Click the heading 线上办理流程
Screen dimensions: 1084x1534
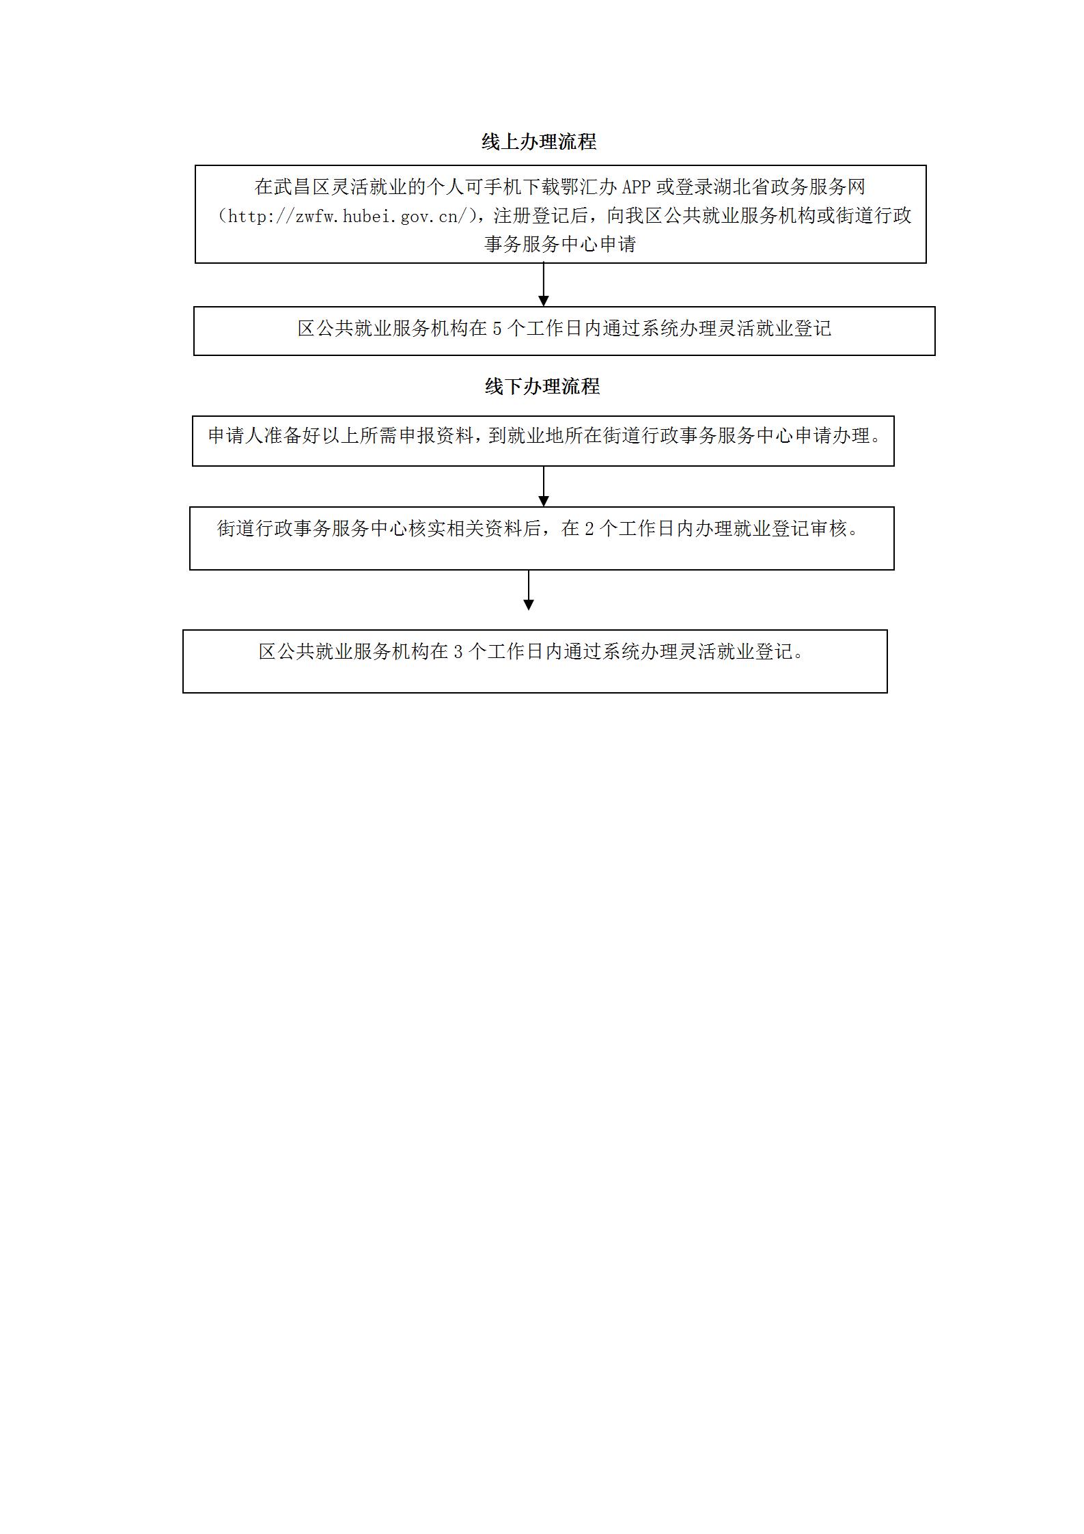click(x=539, y=141)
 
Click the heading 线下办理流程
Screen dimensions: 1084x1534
click(x=542, y=386)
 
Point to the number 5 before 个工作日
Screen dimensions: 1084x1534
click(x=497, y=329)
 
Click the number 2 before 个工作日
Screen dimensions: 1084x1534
click(x=589, y=529)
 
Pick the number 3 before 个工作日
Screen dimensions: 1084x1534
click(x=458, y=652)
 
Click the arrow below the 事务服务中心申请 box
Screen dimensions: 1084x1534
click(x=544, y=284)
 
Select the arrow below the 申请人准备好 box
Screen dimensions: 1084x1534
click(x=544, y=487)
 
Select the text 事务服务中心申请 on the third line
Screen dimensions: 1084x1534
click(x=560, y=244)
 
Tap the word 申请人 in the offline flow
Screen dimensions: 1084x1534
click(x=236, y=435)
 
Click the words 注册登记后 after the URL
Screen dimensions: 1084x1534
click(x=540, y=216)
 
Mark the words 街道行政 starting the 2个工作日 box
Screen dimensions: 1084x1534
click(x=255, y=529)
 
